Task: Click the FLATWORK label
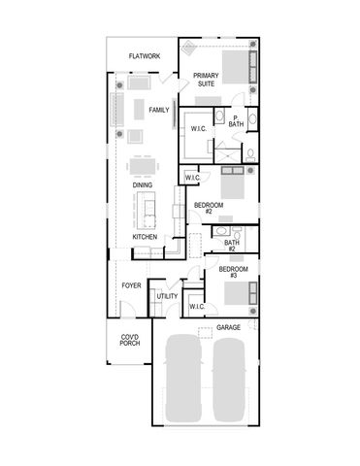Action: pyautogui.click(x=144, y=57)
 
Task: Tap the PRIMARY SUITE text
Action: pyautogui.click(x=205, y=80)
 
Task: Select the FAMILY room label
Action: pyautogui.click(x=159, y=110)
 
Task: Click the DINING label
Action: pyautogui.click(x=142, y=184)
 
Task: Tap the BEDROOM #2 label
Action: pyautogui.click(x=209, y=209)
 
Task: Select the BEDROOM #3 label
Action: pyautogui.click(x=232, y=272)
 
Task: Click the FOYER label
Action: pyautogui.click(x=131, y=285)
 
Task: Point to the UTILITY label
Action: pyautogui.click(x=167, y=296)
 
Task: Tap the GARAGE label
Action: pyautogui.click(x=229, y=327)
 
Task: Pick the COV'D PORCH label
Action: pyautogui.click(x=129, y=343)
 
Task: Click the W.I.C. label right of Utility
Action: pyautogui.click(x=196, y=307)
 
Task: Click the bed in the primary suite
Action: pyautogui.click(x=234, y=71)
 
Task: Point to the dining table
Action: pyautogui.click(x=143, y=163)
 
